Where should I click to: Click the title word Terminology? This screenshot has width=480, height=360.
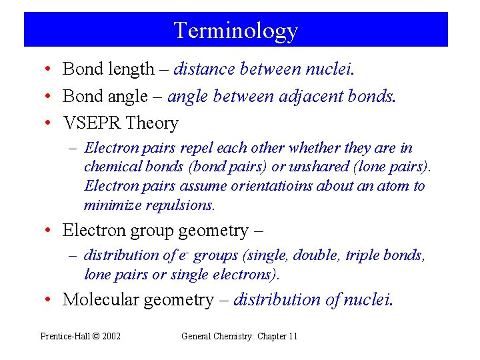[x=235, y=31]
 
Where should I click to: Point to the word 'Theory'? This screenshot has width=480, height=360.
[x=152, y=123]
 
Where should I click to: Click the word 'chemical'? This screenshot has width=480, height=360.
[x=109, y=167]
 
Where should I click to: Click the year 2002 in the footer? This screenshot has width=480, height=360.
[x=111, y=336]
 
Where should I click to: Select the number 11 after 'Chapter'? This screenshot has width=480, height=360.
[x=293, y=336]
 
